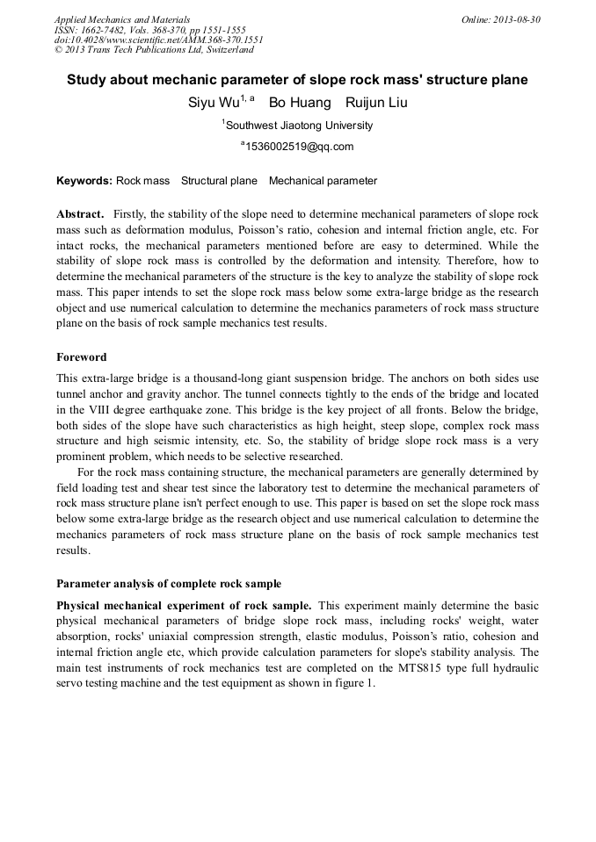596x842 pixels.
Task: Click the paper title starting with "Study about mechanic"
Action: coord(297,80)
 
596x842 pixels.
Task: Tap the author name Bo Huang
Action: coord(300,104)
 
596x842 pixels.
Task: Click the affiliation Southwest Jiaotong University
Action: coord(299,126)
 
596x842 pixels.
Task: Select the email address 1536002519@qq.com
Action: coord(299,147)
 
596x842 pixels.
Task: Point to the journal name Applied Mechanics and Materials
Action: coord(122,19)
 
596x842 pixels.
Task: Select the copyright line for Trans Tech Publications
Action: coord(154,50)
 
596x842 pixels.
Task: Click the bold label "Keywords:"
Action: coord(84,181)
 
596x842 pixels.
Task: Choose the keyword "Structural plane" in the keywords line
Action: coord(219,181)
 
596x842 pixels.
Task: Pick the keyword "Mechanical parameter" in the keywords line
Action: coord(323,181)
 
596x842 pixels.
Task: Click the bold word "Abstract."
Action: coord(80,214)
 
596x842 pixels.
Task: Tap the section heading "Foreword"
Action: coord(82,357)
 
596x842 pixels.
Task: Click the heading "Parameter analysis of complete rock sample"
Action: coord(169,583)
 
